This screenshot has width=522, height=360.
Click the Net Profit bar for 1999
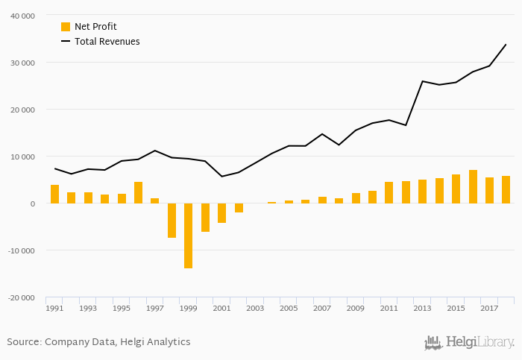click(x=189, y=236)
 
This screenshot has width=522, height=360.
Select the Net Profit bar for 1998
click(x=172, y=220)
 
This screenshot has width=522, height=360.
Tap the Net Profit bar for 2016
click(x=473, y=186)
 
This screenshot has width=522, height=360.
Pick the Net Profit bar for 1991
click(x=54, y=194)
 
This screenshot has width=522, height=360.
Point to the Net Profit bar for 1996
click(x=138, y=192)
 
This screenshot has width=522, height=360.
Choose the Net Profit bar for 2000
click(x=205, y=217)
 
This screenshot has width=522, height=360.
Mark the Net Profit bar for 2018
click(x=506, y=189)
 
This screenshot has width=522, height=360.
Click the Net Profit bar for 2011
click(x=389, y=192)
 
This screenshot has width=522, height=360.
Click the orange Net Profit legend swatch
click(x=66, y=27)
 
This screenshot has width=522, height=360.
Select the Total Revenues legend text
click(x=107, y=42)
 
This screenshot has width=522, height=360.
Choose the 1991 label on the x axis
click(x=54, y=308)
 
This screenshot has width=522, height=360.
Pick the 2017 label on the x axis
click(x=489, y=308)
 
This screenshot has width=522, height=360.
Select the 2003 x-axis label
click(x=255, y=308)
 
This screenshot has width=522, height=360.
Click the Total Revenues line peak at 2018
click(x=506, y=44)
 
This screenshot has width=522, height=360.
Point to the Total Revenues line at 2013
click(x=422, y=81)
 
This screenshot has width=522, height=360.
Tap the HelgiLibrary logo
click(x=469, y=342)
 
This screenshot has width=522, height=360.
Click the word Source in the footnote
click(x=23, y=342)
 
